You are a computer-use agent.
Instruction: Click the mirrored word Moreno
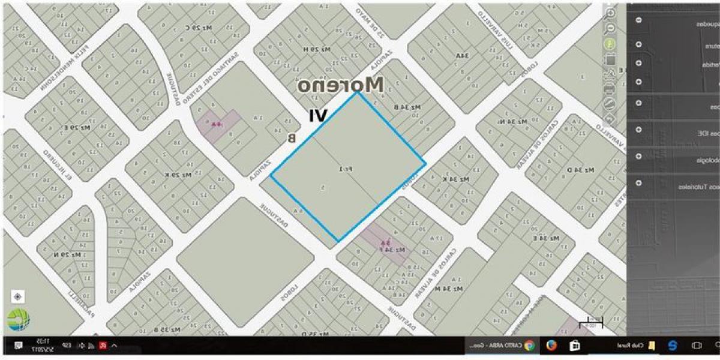[340, 85]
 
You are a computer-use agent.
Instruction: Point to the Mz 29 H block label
[314, 49]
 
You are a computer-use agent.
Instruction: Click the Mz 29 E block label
[77, 127]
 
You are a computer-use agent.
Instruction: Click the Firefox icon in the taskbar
[551, 345]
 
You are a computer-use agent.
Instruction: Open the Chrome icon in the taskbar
[529, 345]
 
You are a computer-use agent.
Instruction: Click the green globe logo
[18, 320]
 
